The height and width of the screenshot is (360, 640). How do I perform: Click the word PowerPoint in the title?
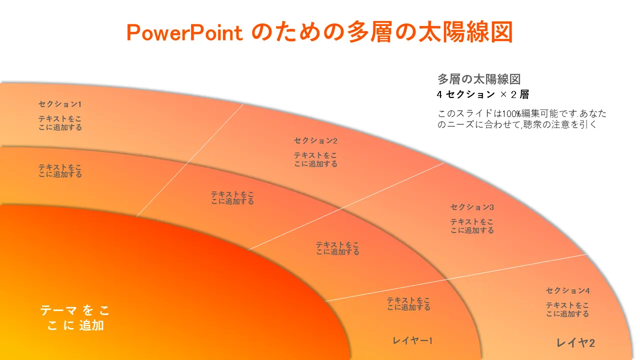[x=184, y=32]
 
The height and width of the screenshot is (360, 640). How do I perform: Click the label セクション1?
[x=60, y=104]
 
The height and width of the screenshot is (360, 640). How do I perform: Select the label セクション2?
[x=315, y=140]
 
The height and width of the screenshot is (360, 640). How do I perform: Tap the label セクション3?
[x=472, y=207]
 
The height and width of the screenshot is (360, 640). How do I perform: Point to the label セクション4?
[x=567, y=290]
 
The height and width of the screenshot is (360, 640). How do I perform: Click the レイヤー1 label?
[x=412, y=340]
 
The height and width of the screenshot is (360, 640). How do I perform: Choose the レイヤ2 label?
[x=575, y=342]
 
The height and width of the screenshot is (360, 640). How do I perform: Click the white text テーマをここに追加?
[x=75, y=317]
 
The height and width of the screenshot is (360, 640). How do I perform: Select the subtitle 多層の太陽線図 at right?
[x=479, y=79]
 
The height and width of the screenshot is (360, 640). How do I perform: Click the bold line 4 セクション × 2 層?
[x=483, y=94]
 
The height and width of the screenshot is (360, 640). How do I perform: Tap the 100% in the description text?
[x=511, y=113]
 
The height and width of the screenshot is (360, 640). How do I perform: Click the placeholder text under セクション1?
[x=60, y=123]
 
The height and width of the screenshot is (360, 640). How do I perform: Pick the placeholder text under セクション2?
[x=315, y=159]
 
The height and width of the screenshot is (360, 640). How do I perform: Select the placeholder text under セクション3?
[x=472, y=226]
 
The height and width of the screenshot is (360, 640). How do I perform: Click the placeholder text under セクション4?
[x=567, y=309]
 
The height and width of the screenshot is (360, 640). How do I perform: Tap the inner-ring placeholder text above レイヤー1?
[x=408, y=303]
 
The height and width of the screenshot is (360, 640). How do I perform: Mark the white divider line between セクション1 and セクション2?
[x=189, y=160]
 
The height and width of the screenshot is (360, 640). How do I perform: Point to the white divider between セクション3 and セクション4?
[x=456, y=277]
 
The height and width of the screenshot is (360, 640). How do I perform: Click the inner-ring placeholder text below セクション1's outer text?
[x=60, y=170]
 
